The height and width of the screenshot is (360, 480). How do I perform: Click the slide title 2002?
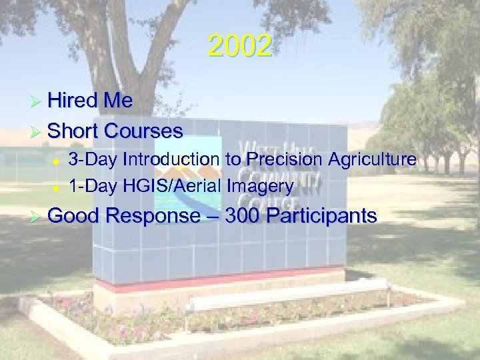(239, 47)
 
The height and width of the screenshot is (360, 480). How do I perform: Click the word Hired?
(72, 101)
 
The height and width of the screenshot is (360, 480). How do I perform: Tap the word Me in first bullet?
(117, 101)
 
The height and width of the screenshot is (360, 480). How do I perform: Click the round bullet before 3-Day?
(57, 161)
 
